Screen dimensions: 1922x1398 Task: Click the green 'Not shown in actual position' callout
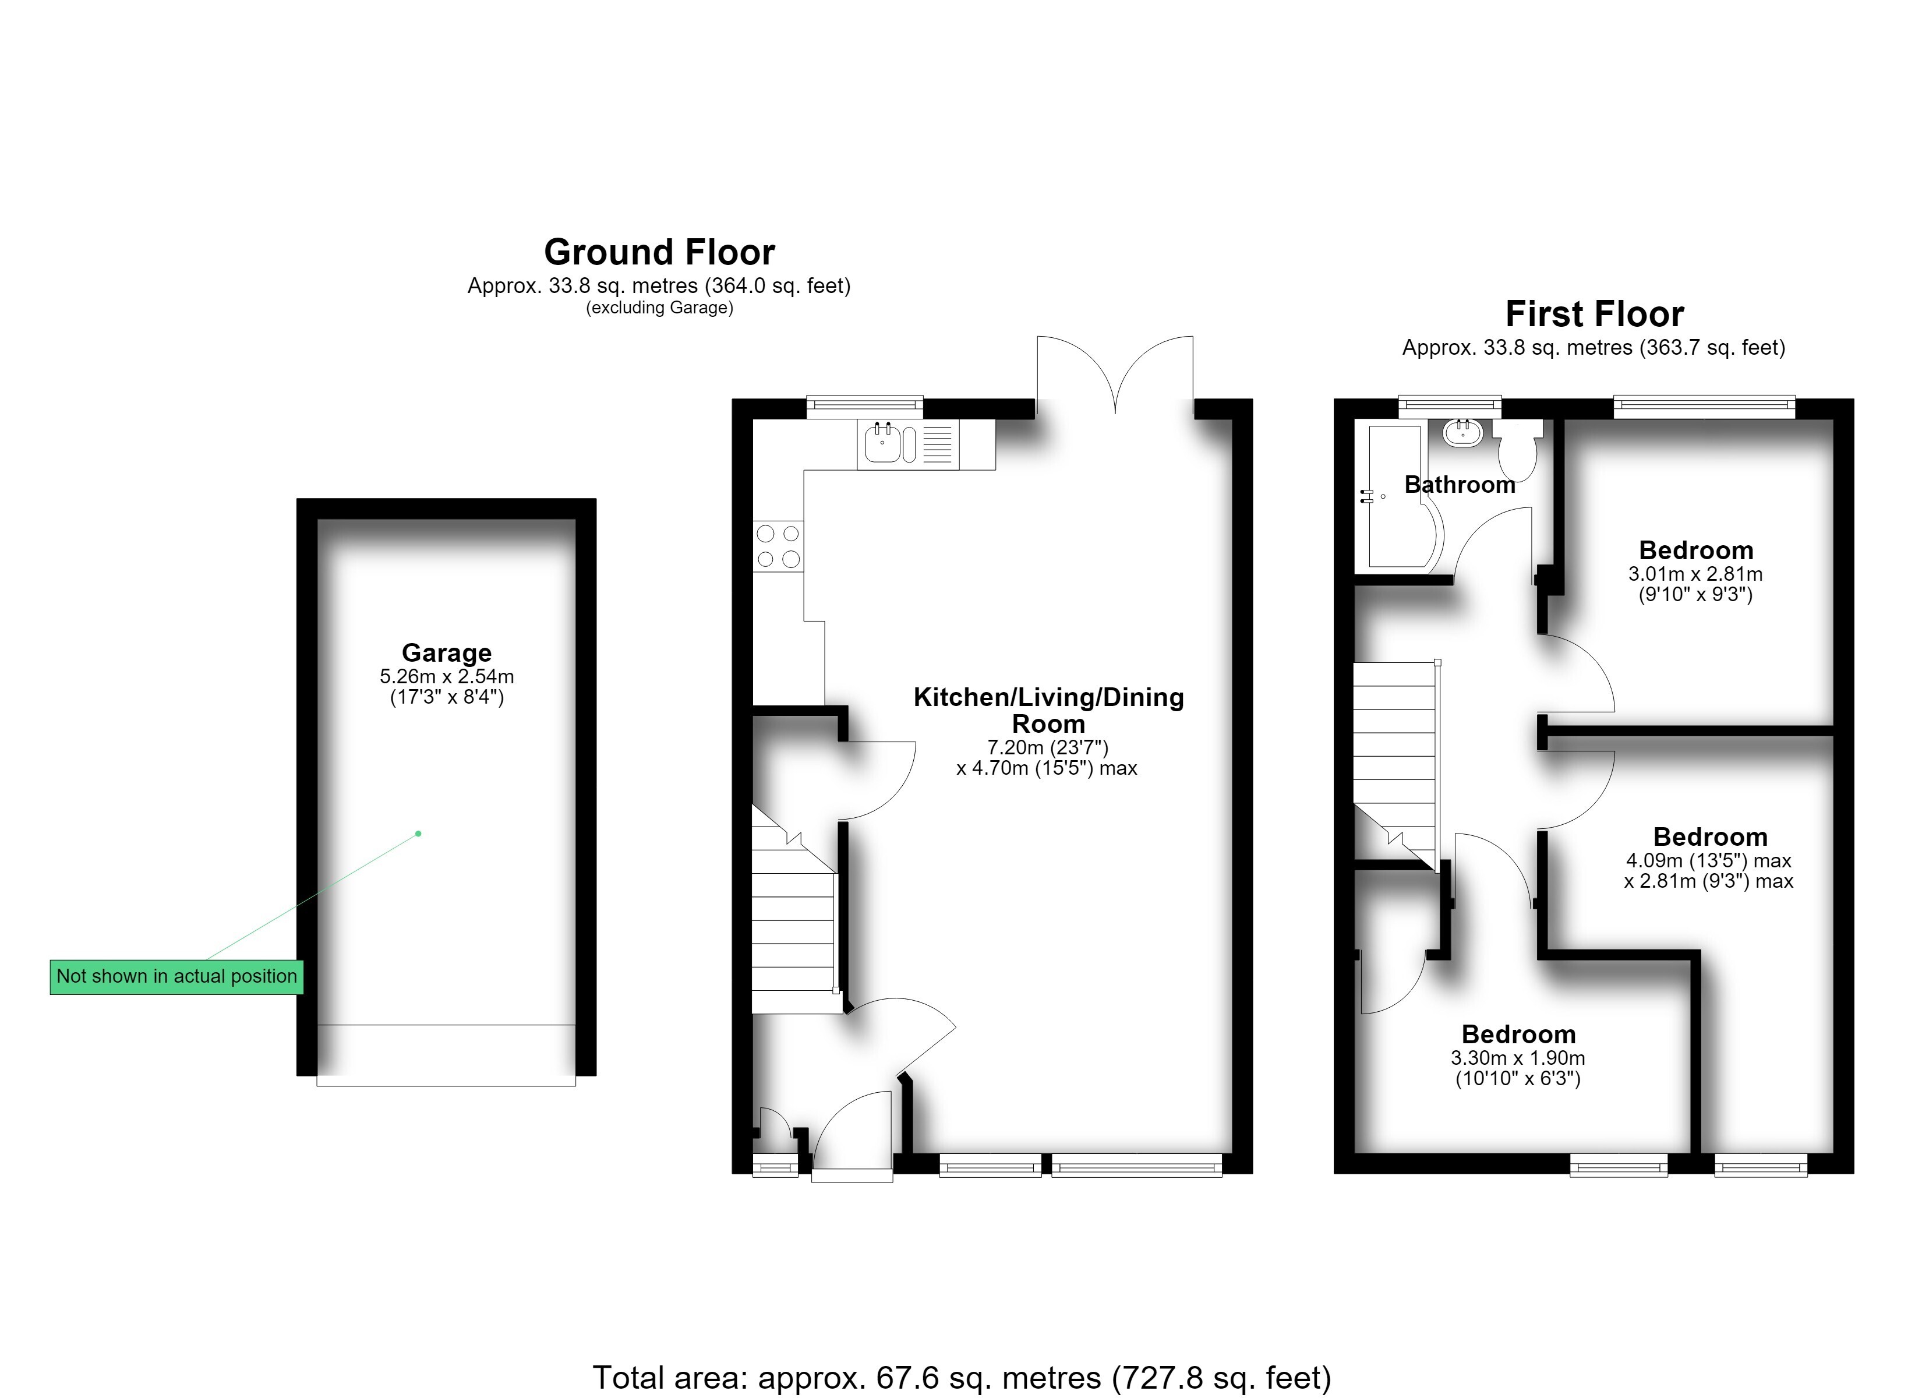[x=176, y=977]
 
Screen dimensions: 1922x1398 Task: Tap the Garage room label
[x=447, y=653]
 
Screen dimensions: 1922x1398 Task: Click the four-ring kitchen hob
[x=778, y=546]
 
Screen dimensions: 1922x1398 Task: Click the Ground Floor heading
[x=659, y=252]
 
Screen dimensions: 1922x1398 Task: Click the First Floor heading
[x=1594, y=314]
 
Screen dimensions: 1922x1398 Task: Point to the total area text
[x=962, y=1378]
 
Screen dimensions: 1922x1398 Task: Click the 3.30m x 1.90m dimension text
[x=1518, y=1058]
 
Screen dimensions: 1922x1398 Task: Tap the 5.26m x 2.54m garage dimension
[x=447, y=676]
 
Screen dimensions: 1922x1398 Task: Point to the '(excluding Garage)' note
[x=659, y=308]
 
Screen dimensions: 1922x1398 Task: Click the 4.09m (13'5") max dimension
[x=1708, y=860]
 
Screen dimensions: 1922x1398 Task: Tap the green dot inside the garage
[x=418, y=834]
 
